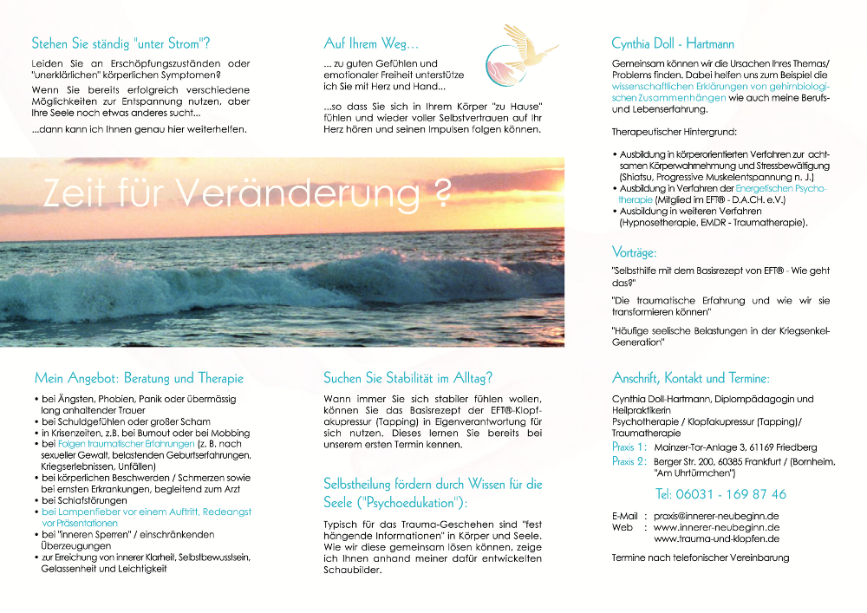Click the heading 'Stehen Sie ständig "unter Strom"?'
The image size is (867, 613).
121,42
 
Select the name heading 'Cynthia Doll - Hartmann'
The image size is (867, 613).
673,42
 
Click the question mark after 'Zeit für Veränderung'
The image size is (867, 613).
442,192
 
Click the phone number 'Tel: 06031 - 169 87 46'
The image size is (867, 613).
720,494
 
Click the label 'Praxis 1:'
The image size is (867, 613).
629,447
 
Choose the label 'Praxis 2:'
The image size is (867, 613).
629,462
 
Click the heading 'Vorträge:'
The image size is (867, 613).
634,253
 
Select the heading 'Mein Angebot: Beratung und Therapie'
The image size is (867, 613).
139,378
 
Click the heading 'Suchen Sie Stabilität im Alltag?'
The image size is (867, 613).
407,378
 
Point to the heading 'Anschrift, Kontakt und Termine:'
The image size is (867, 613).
690,378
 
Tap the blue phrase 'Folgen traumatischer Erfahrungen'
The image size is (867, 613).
127,444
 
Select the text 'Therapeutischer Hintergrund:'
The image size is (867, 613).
674,132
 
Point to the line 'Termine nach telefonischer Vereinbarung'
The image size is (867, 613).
701,558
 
